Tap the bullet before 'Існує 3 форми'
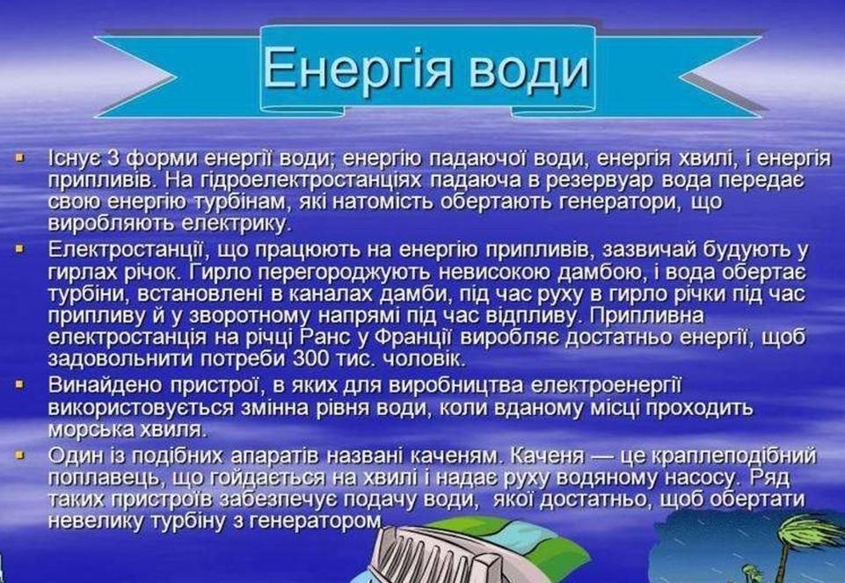click(20, 159)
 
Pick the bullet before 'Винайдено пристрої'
click(20, 385)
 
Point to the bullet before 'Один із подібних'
click(20, 455)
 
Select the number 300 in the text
click(307, 359)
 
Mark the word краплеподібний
click(734, 457)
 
